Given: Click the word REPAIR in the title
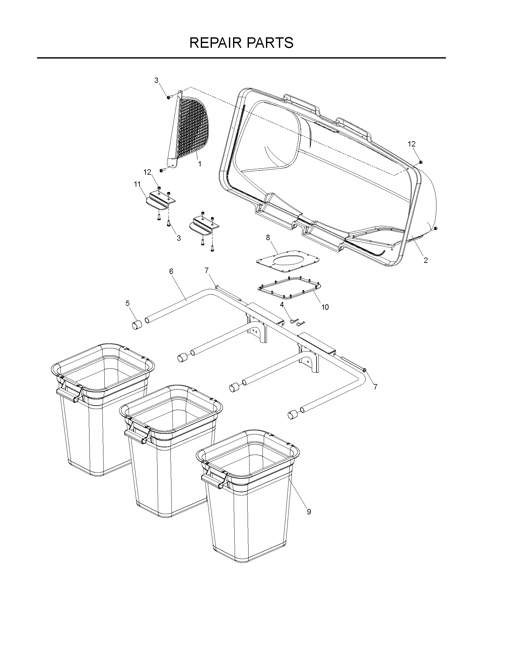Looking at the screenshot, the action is pos(215,43).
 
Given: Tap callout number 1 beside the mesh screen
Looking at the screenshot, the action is pos(200,164).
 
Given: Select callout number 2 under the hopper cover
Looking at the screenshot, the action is pos(426,260).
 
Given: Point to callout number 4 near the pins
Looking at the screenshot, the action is pos(282,305).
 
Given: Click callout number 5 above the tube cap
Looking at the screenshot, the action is pos(127,303).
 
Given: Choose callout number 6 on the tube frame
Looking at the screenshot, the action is pos(171,271).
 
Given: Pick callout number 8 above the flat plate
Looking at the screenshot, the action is pos(268,238).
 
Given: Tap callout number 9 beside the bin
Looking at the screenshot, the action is pos(309,512).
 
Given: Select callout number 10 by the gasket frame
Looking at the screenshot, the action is pos(325,307).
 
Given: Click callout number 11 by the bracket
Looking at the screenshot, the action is pos(137,184).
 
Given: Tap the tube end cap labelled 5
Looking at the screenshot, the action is pos(137,325).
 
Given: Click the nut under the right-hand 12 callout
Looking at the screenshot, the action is pos(421,162).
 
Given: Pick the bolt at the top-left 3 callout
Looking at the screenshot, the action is pos(169,97).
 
